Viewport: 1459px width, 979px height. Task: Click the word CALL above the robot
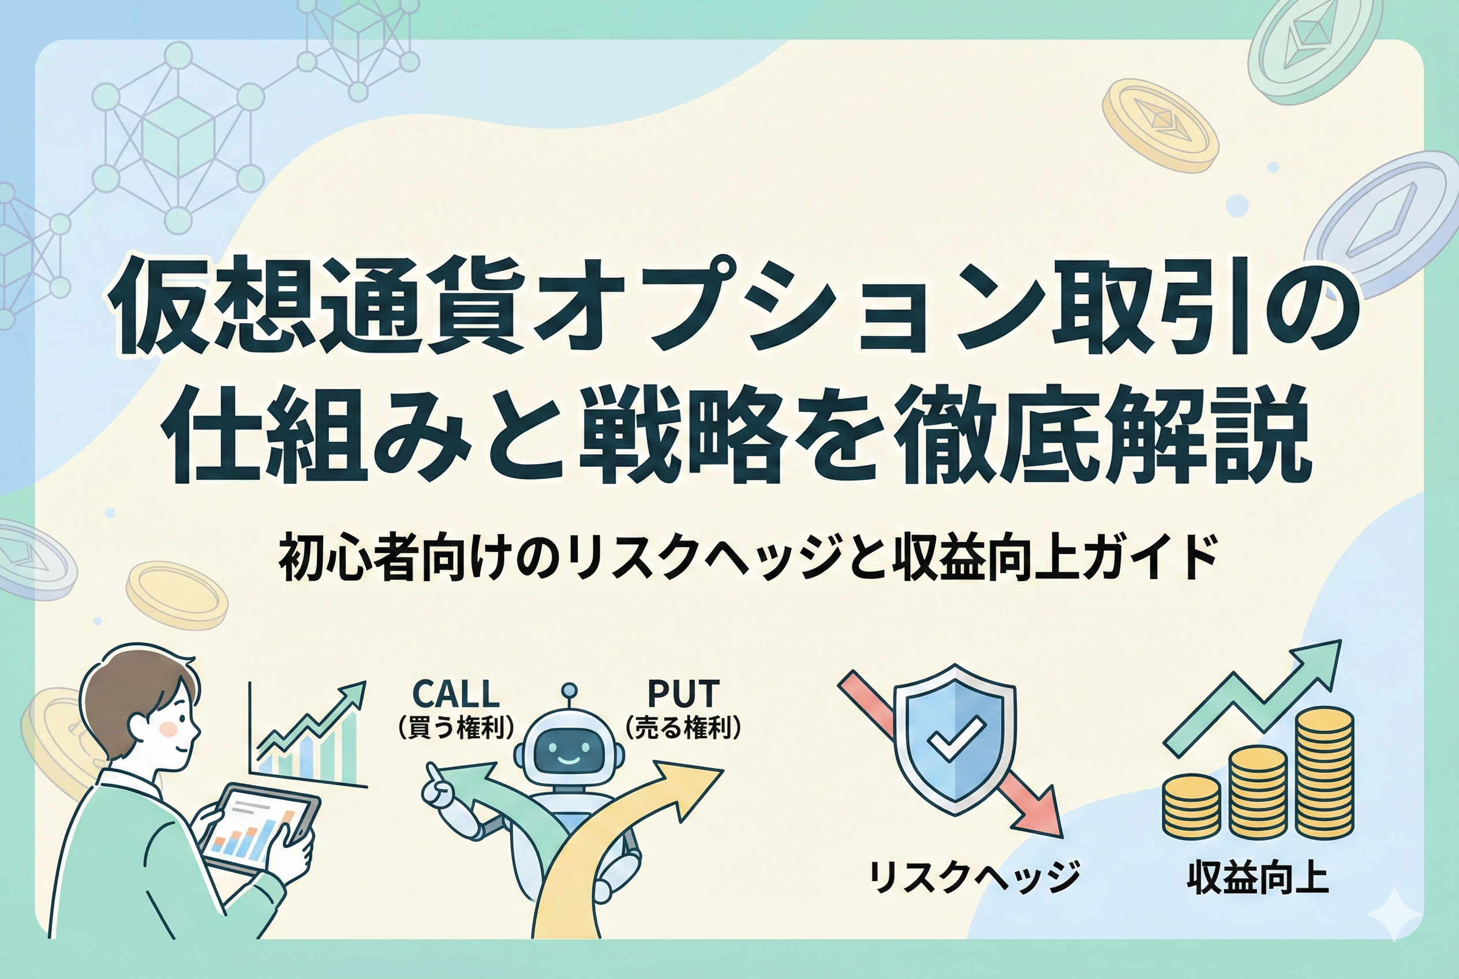coord(456,693)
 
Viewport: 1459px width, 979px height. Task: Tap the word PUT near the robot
coord(683,693)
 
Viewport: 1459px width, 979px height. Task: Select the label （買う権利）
coord(456,728)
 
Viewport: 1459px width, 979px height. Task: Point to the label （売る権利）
coord(683,728)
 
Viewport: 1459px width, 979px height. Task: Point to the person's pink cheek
coord(169,728)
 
